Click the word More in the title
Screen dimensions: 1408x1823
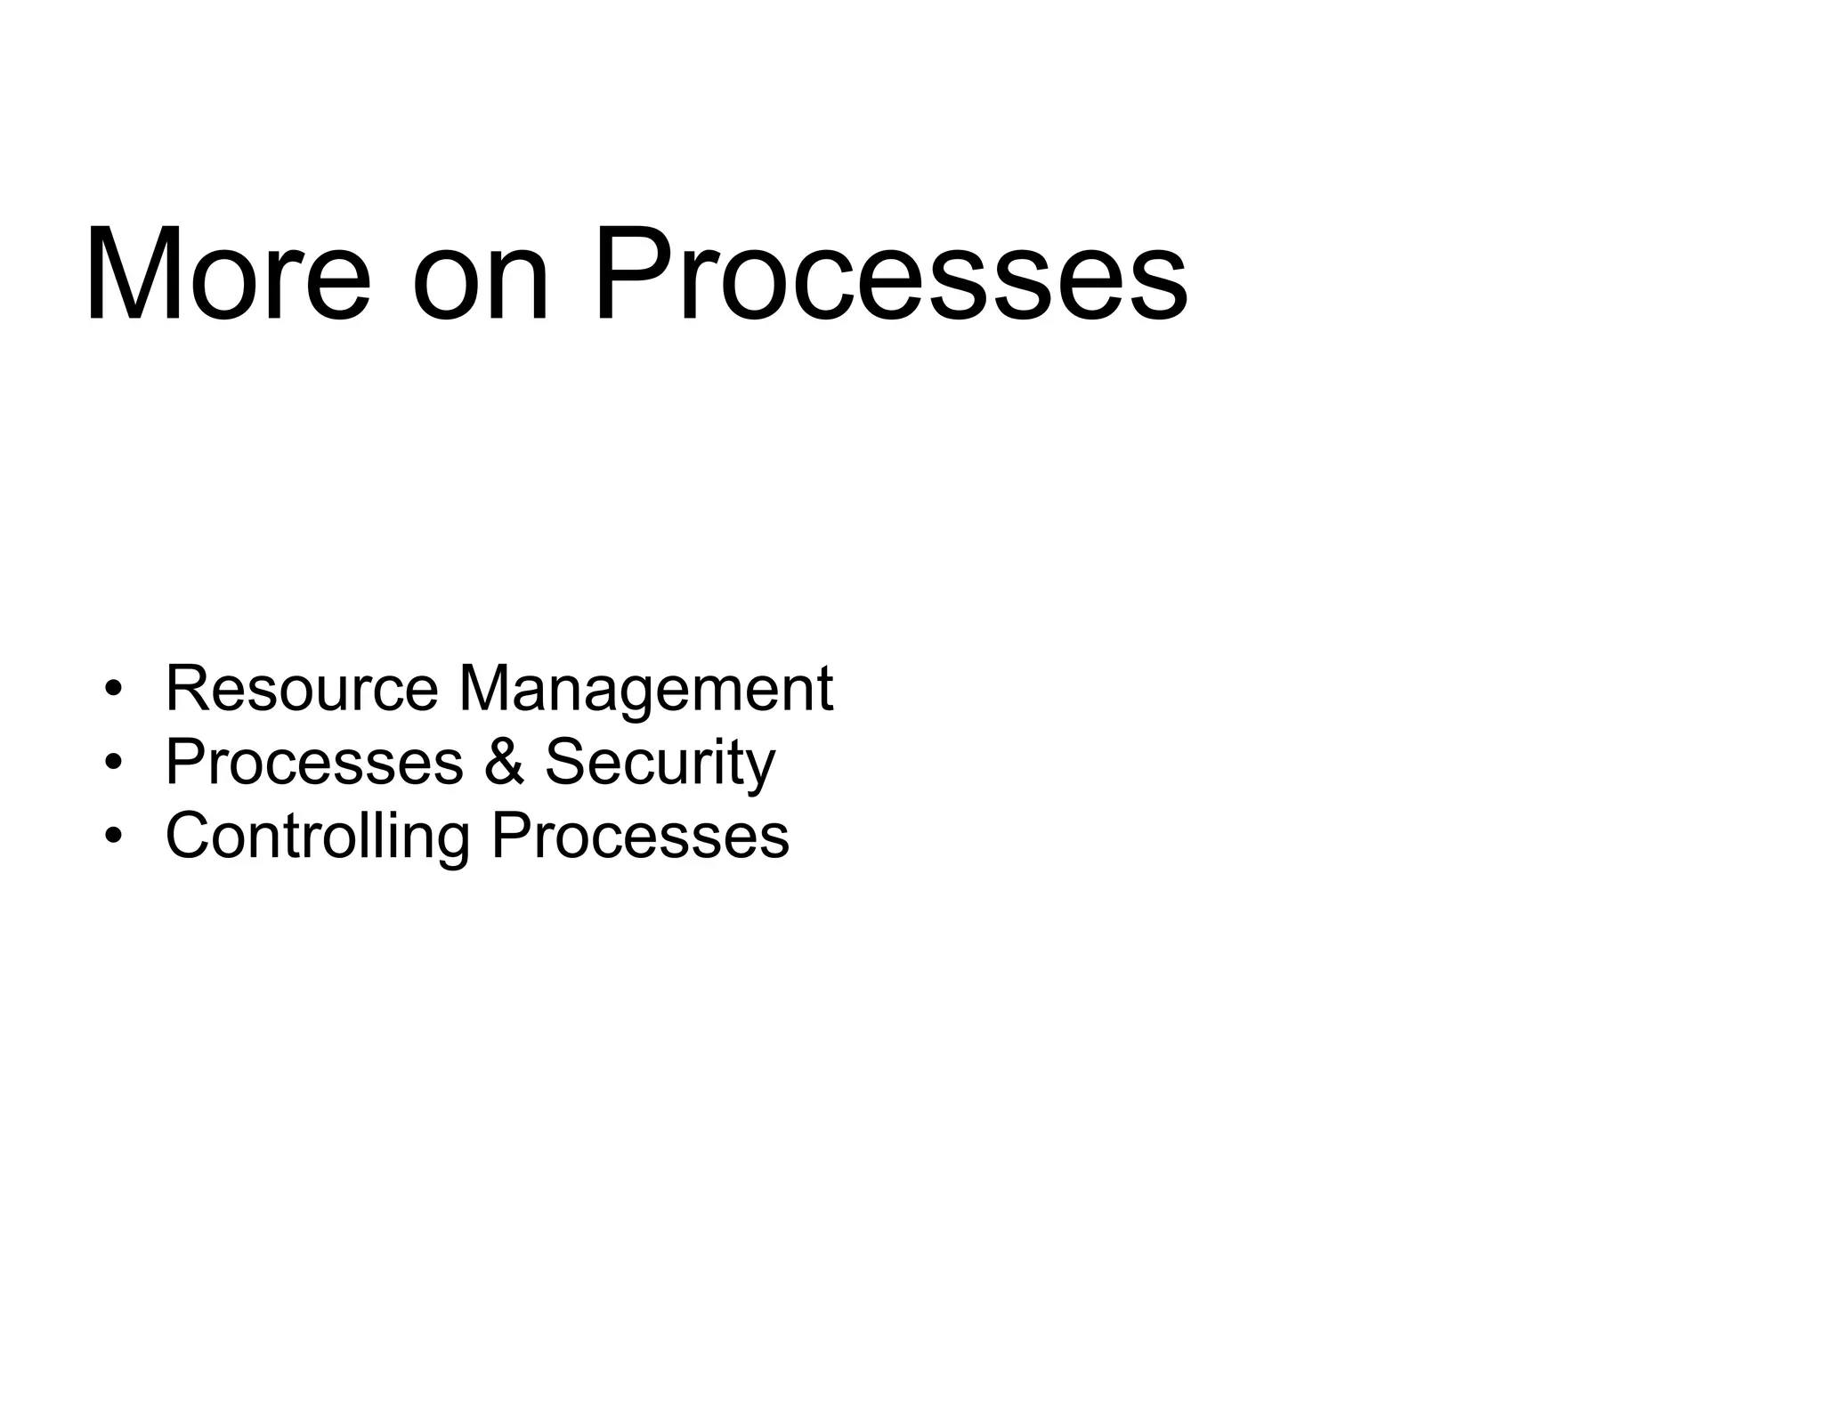point(228,273)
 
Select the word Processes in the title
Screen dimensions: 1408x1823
point(891,273)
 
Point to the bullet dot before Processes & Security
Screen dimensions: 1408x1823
point(112,763)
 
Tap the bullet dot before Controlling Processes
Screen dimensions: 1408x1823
point(112,836)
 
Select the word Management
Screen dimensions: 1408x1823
point(645,690)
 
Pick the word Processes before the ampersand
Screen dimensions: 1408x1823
point(314,762)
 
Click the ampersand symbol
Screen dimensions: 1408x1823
point(504,762)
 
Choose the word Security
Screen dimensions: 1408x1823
point(660,764)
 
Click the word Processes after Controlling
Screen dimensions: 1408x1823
point(640,836)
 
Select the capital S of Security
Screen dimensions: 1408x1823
point(567,762)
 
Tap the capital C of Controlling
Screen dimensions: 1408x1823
point(190,836)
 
